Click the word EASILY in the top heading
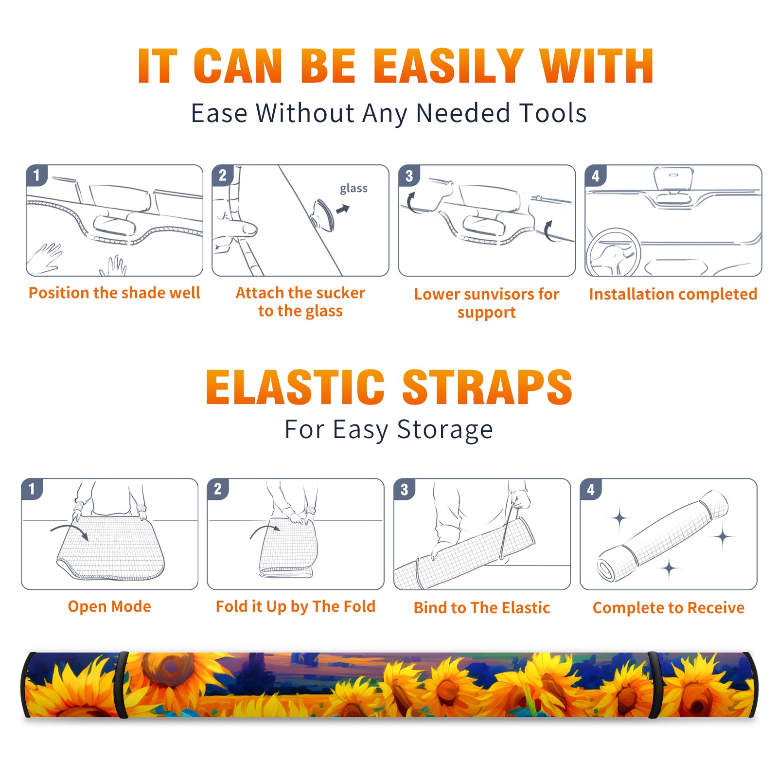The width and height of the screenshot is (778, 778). [x=449, y=66]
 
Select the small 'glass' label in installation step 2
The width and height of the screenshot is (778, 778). [x=354, y=189]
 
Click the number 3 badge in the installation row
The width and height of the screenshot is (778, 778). [x=409, y=176]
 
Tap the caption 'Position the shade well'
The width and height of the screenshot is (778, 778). [x=114, y=293]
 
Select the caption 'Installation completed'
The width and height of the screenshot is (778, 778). [x=673, y=294]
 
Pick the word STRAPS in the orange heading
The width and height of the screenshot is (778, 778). [x=487, y=387]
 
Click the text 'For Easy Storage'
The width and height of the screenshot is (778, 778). [x=389, y=429]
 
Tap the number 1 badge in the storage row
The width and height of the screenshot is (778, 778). [x=32, y=489]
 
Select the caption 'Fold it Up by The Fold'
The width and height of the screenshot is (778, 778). [x=296, y=606]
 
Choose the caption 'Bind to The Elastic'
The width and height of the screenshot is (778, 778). [x=482, y=608]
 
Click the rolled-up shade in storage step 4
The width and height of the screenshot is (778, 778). [x=663, y=535]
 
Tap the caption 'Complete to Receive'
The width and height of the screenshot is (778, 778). [x=669, y=608]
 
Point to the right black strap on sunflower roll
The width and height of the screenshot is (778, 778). [x=654, y=685]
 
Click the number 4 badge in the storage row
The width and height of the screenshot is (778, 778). [x=591, y=489]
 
